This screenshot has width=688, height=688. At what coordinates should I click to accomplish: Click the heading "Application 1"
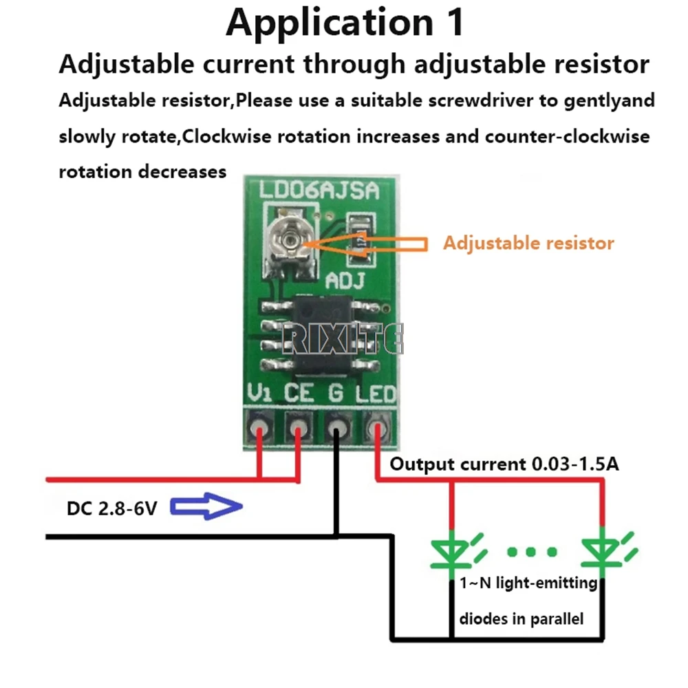(345, 22)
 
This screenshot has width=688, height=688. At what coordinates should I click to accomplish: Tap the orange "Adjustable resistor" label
(528, 243)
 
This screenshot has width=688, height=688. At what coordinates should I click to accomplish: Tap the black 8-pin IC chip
(322, 332)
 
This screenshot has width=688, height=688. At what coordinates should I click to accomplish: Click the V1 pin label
(261, 394)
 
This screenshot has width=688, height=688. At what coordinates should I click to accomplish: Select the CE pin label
(299, 394)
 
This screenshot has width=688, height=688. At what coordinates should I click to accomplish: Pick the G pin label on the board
(336, 394)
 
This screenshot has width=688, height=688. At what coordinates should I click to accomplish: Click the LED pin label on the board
(376, 394)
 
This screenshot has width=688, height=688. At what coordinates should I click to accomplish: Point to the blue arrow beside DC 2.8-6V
(206, 508)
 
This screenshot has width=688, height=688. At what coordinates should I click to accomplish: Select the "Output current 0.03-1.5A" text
(504, 464)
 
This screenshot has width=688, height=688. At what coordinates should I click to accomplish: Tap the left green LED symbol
(451, 550)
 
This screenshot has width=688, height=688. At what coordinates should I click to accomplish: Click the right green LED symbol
(603, 550)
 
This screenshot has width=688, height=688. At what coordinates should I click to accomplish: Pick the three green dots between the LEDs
(533, 552)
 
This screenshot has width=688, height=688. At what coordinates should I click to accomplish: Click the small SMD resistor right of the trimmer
(361, 241)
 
